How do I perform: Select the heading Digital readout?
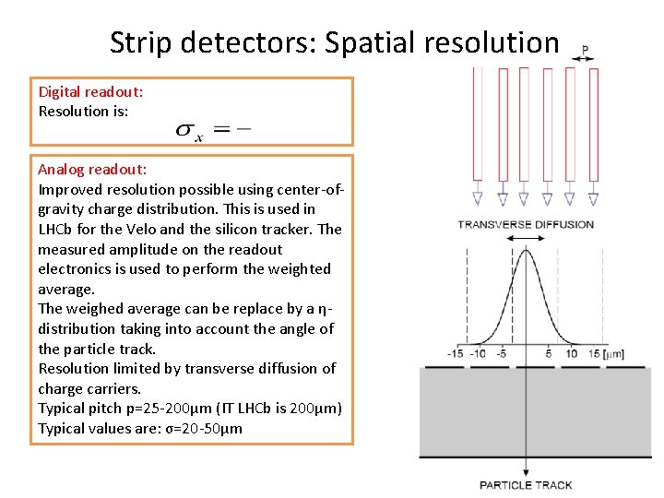point(90,91)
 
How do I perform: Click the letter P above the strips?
point(586,49)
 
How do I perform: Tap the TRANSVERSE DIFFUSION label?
point(526,224)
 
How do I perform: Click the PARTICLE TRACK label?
point(526,485)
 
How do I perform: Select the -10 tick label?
point(477,354)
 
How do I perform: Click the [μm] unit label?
point(611,354)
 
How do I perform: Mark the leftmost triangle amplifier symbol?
point(477,198)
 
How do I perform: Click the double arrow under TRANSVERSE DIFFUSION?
point(526,238)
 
